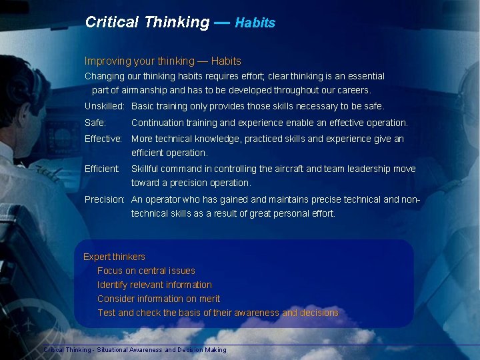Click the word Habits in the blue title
click(x=255, y=23)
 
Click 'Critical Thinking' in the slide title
click(x=147, y=22)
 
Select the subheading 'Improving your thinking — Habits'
click(x=163, y=61)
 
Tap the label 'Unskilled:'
click(x=105, y=106)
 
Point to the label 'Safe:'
click(x=95, y=123)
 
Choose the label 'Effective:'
click(x=103, y=139)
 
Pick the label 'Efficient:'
click(x=102, y=169)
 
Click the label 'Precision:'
click(x=105, y=199)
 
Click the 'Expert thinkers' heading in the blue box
click(x=114, y=257)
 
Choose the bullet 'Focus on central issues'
click(x=146, y=271)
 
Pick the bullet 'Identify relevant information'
click(x=155, y=285)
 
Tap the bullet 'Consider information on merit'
click(x=159, y=299)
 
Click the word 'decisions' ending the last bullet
click(x=319, y=313)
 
